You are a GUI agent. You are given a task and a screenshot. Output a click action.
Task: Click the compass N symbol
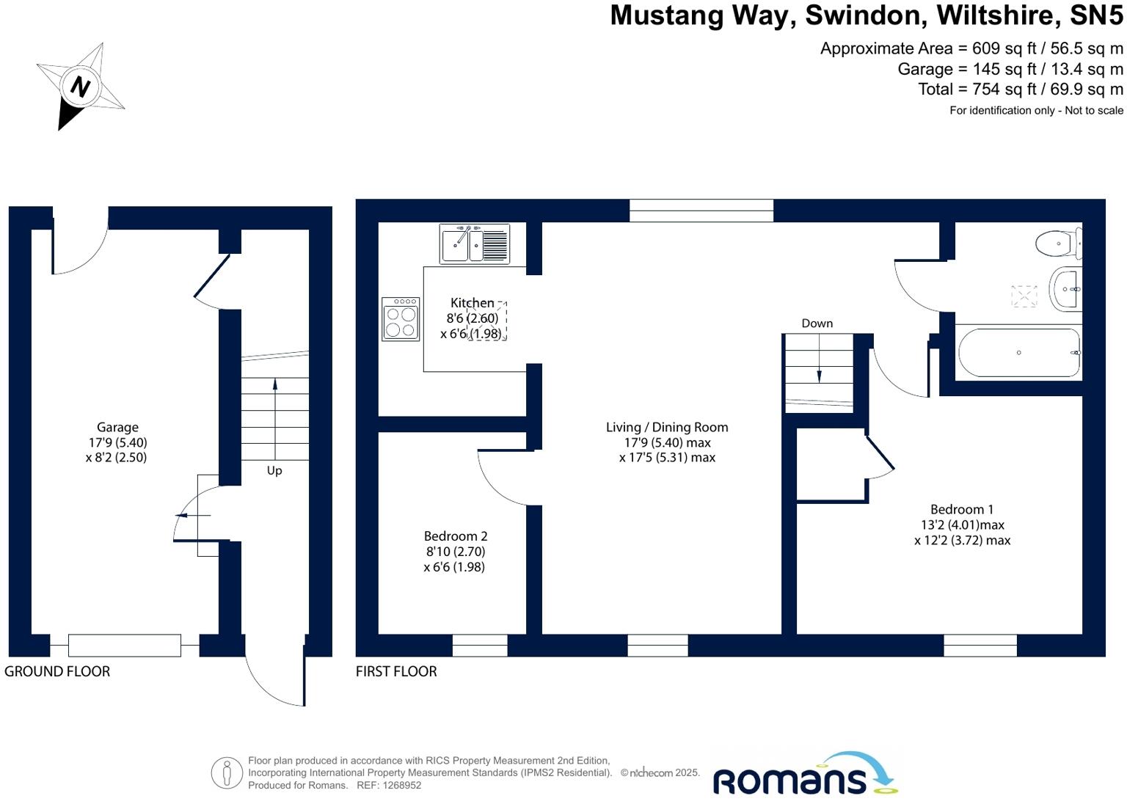pyautogui.click(x=79, y=87)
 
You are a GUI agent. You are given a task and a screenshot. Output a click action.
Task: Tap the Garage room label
pyautogui.click(x=117, y=428)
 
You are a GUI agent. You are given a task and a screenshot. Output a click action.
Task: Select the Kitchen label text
pyautogui.click(x=472, y=303)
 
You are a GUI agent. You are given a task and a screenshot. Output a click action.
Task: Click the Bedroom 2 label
pyautogui.click(x=455, y=536)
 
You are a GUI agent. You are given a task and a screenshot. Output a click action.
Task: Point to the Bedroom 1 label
pyautogui.click(x=962, y=509)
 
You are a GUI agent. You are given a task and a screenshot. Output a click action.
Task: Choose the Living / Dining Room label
pyautogui.click(x=666, y=427)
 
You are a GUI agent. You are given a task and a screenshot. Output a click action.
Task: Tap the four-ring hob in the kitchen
pyautogui.click(x=401, y=319)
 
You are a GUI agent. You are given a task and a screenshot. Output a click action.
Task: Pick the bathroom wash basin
pyautogui.click(x=1065, y=289)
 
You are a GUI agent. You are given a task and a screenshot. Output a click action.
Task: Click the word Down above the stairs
pyautogui.click(x=817, y=324)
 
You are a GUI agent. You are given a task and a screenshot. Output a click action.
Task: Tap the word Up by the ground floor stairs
pyautogui.click(x=274, y=471)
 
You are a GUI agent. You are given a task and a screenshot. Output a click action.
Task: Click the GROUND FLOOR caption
pyautogui.click(x=57, y=671)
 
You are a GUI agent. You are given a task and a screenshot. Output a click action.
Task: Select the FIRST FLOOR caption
pyautogui.click(x=396, y=671)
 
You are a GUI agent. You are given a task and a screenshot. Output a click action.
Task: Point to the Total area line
pyautogui.click(x=1020, y=89)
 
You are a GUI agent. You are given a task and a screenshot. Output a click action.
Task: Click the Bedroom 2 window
pyautogui.click(x=480, y=645)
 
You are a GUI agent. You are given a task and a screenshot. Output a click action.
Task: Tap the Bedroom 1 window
pyautogui.click(x=980, y=645)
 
